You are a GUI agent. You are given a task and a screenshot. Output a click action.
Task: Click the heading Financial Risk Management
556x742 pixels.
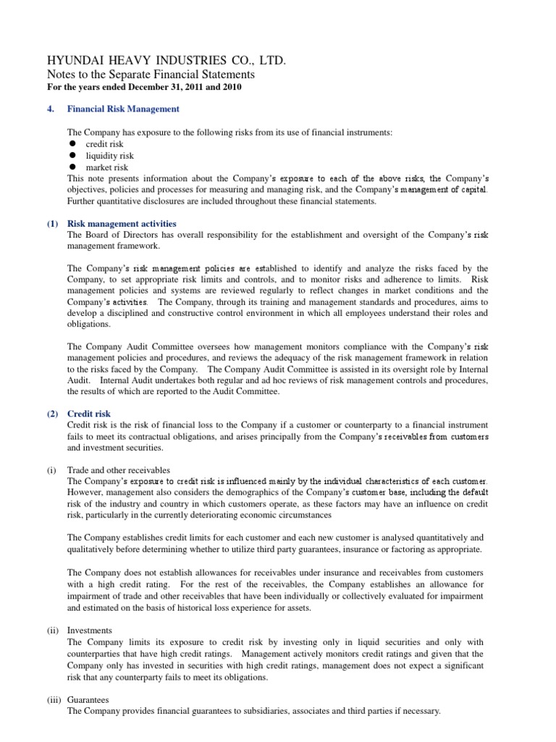coord(123,109)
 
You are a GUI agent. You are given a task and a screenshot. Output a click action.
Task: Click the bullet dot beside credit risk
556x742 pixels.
coord(72,145)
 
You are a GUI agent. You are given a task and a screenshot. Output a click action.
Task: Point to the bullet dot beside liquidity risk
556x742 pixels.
coord(72,156)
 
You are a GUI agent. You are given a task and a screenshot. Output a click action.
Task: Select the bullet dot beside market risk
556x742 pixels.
coord(72,167)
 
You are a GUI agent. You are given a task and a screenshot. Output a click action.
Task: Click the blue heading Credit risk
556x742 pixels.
coord(90,413)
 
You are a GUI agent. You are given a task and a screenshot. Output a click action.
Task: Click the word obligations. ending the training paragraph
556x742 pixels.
coord(90,325)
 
